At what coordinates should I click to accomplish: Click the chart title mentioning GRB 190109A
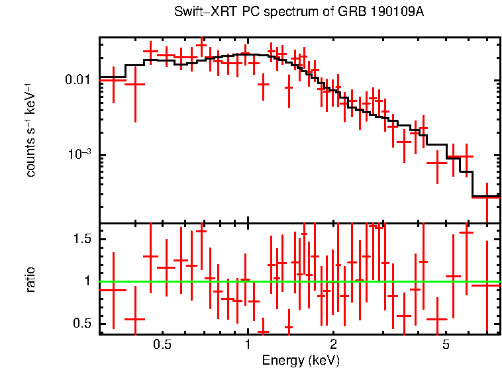point(299,13)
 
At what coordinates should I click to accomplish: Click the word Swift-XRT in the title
point(199,13)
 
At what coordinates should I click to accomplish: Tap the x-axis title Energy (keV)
point(301,360)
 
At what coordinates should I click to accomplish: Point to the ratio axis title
point(30,279)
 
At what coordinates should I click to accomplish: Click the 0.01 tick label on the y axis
point(78,80)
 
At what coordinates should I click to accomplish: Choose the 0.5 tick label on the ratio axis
point(81,324)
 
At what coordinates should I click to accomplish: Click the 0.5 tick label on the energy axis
point(162,345)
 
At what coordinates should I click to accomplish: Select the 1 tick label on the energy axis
point(248,345)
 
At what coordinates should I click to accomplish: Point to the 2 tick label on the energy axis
point(333,345)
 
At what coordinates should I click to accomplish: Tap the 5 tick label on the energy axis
point(446,345)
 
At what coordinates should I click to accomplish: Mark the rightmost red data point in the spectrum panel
point(487,197)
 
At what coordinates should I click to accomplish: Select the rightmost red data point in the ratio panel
point(487,285)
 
